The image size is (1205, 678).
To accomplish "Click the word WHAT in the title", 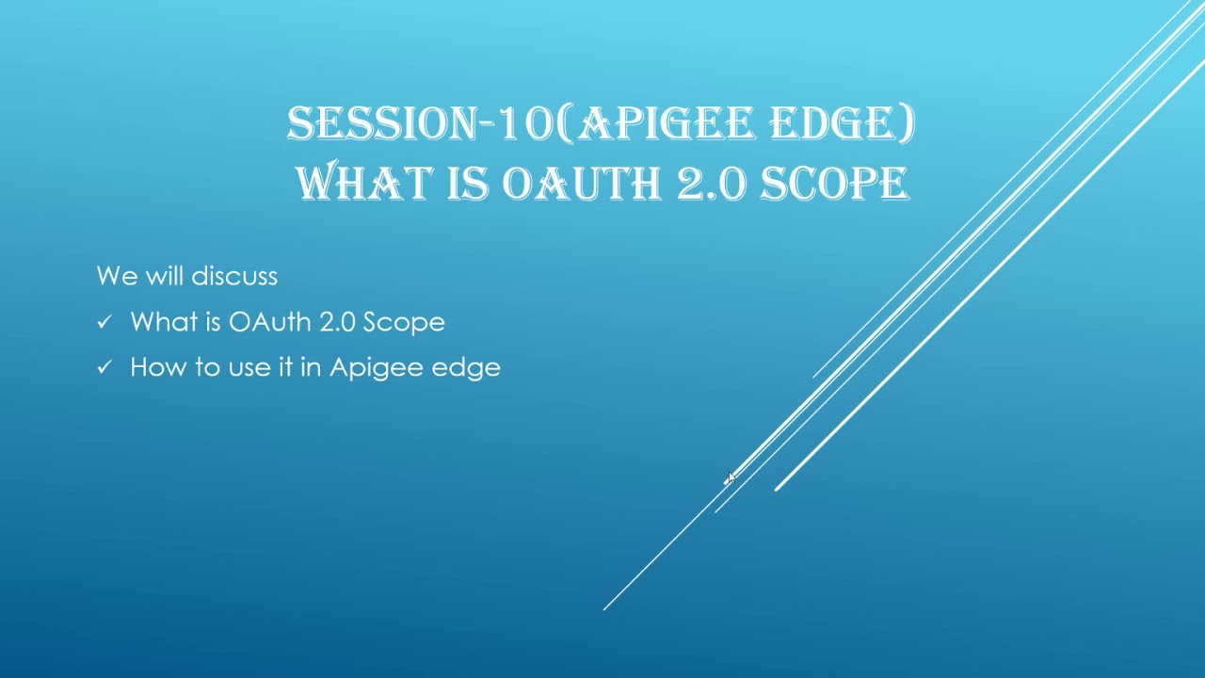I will (x=366, y=184).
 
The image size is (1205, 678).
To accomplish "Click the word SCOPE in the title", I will (x=834, y=184).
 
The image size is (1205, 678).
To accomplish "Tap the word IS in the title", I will (x=468, y=184).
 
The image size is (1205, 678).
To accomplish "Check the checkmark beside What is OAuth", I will (x=104, y=322).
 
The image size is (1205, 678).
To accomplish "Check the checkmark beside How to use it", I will (x=104, y=367).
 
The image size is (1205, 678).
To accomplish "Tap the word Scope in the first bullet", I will (x=404, y=323).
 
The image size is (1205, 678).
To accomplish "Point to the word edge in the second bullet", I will (x=466, y=368).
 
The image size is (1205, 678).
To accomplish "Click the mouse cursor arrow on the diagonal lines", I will (x=731, y=479).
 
